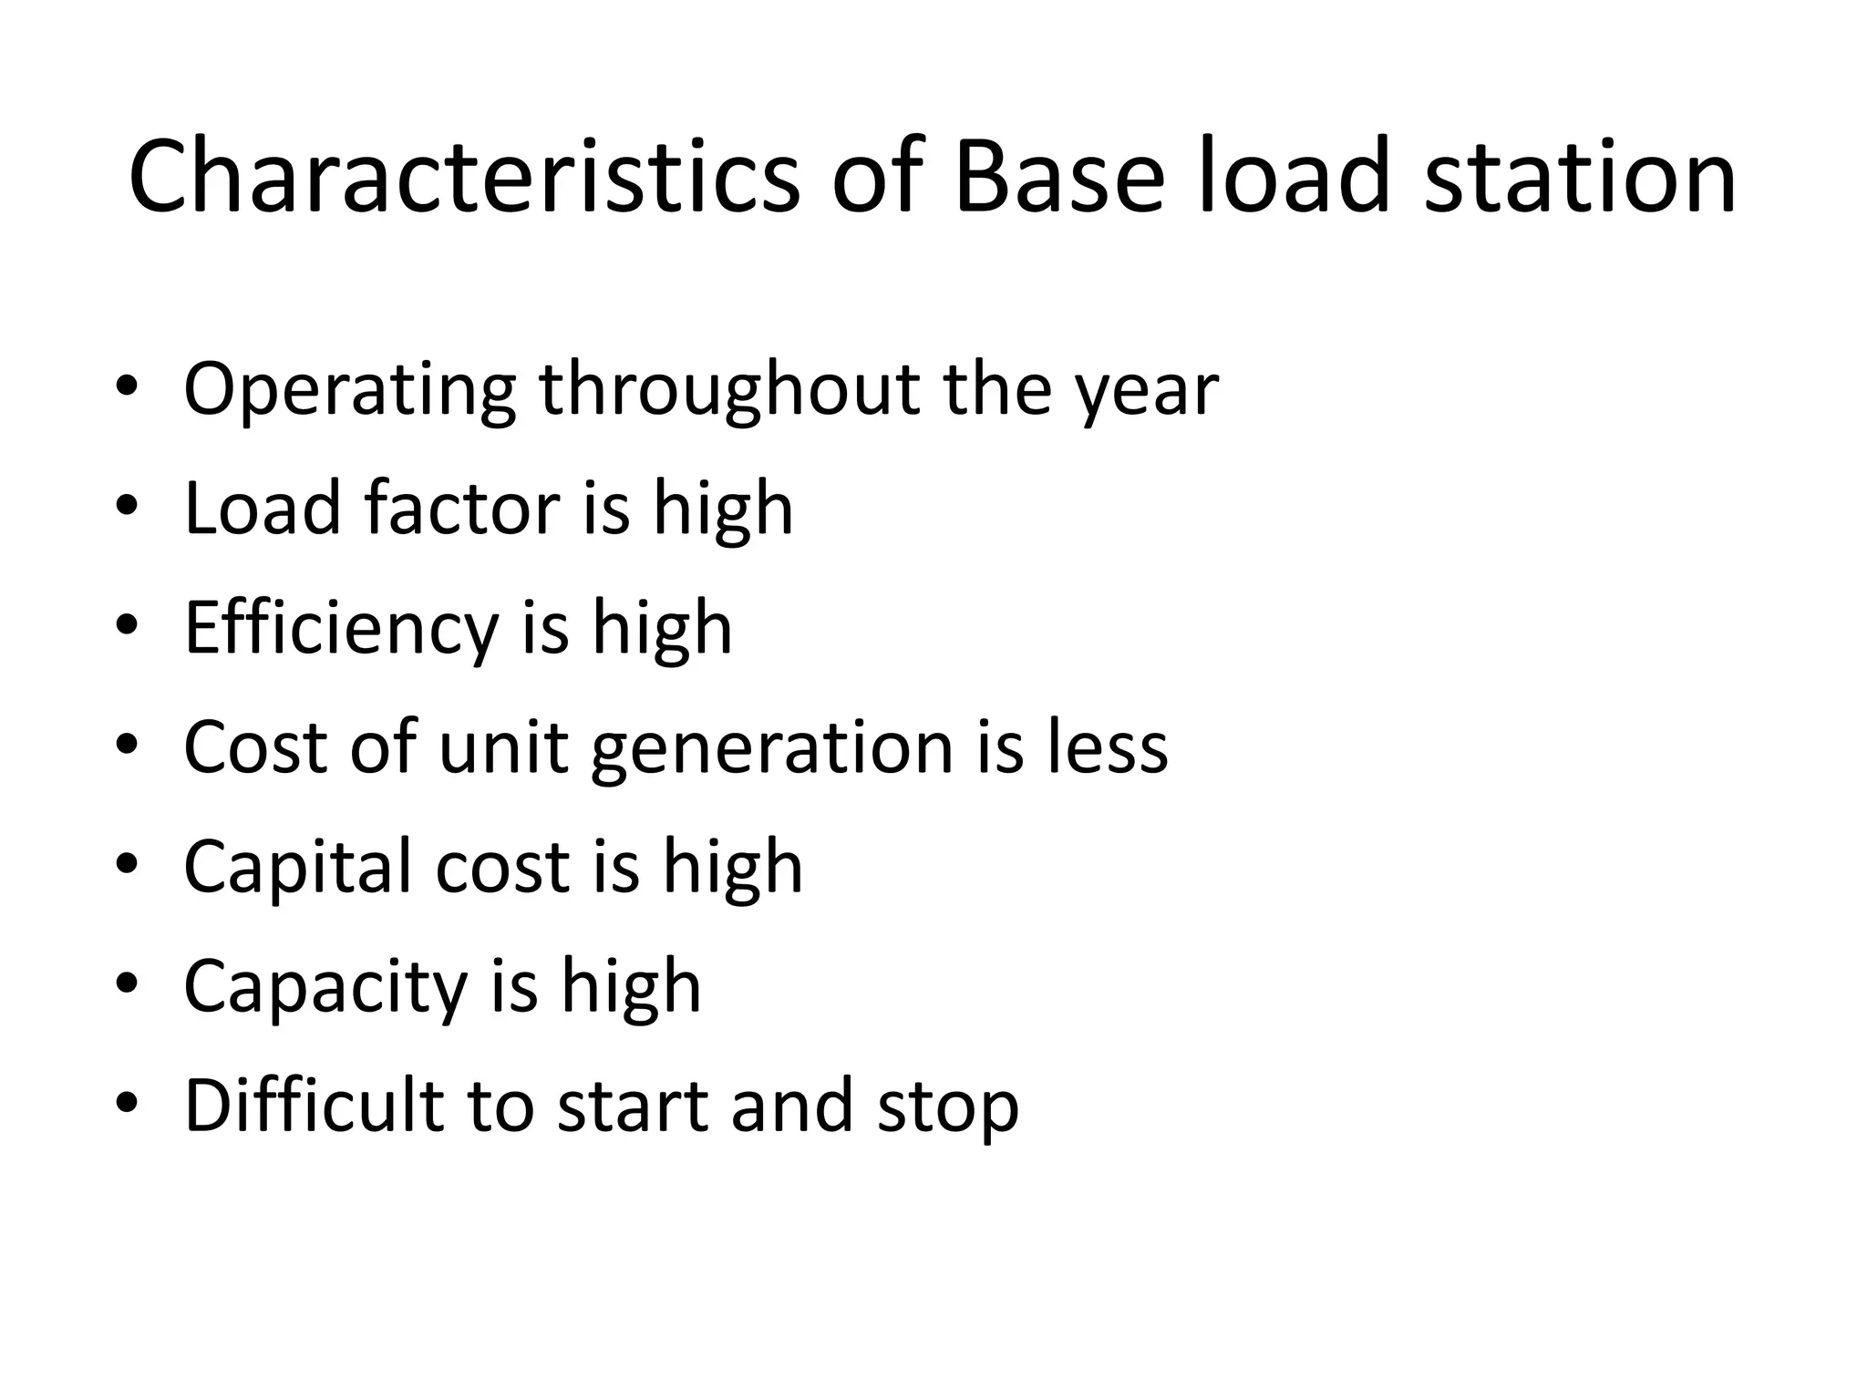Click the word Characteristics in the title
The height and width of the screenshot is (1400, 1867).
click(464, 175)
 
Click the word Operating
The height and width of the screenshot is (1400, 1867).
click(350, 390)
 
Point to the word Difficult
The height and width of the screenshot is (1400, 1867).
click(314, 1105)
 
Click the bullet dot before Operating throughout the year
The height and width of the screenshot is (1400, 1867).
click(127, 387)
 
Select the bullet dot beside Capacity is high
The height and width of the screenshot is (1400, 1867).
click(127, 984)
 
